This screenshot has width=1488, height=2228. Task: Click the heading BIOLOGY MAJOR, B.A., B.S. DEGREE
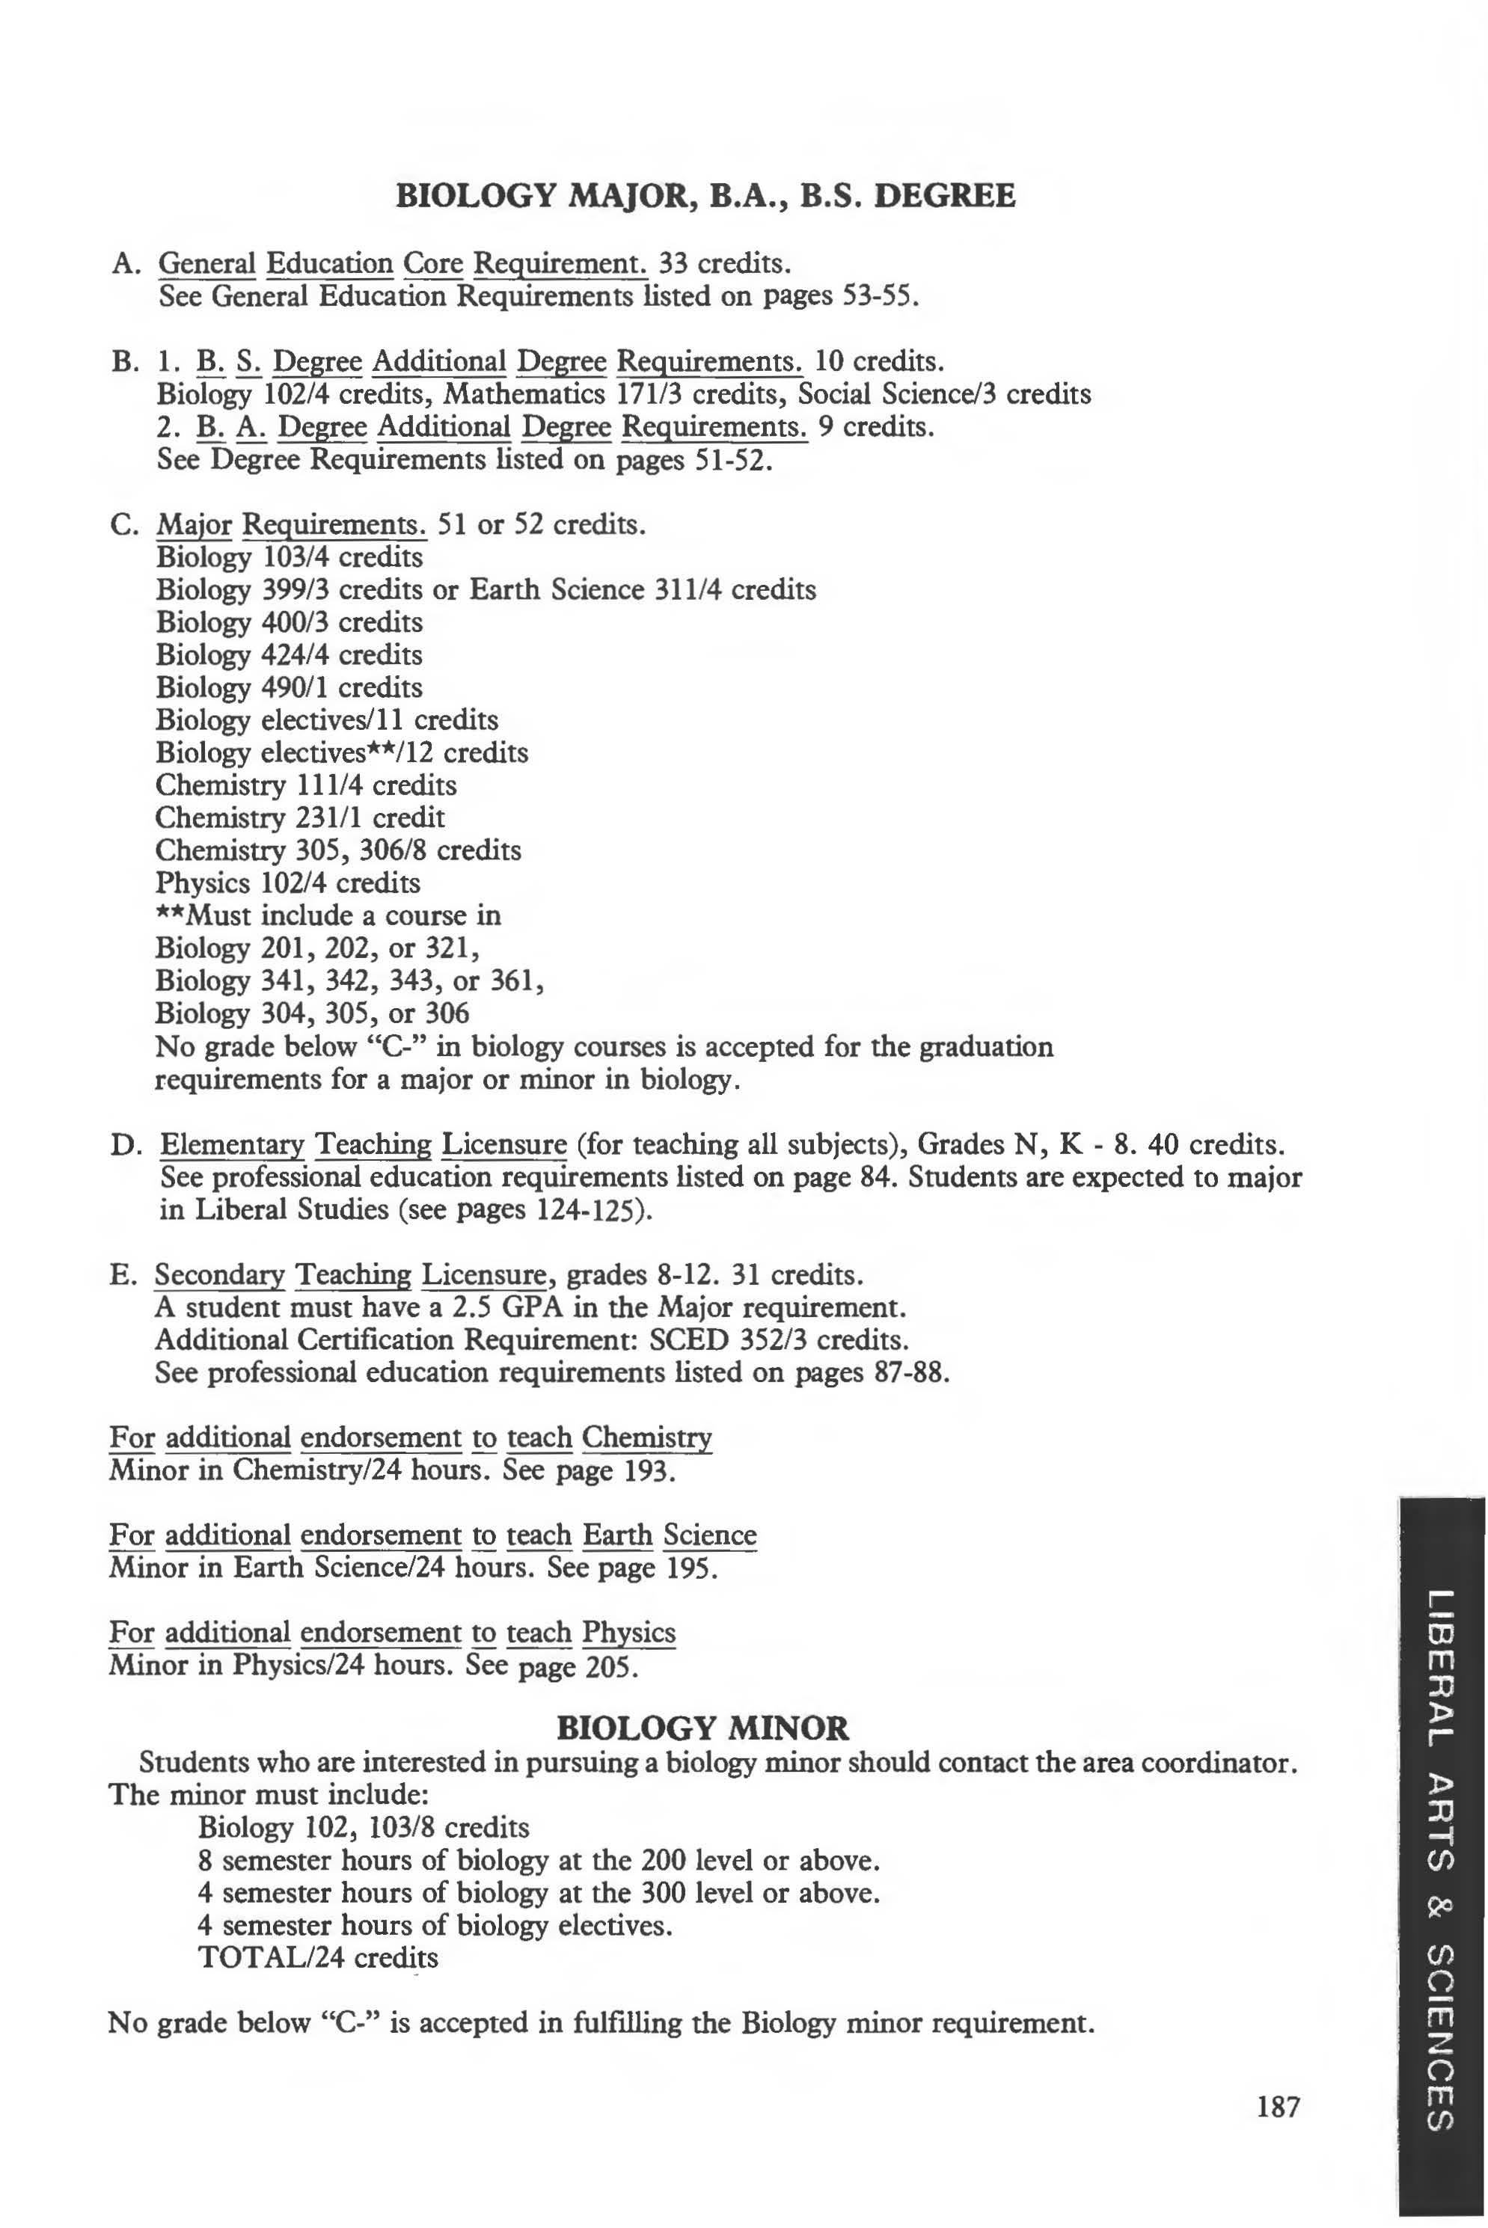click(x=704, y=197)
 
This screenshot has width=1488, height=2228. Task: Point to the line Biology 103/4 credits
click(x=290, y=556)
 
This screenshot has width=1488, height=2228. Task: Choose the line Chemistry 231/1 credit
click(x=300, y=817)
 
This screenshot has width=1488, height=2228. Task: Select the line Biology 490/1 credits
click(x=290, y=687)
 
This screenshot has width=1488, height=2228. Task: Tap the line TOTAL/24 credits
click(x=318, y=1957)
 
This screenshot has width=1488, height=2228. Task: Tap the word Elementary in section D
click(x=233, y=1145)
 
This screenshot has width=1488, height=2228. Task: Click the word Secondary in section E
click(x=219, y=1274)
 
